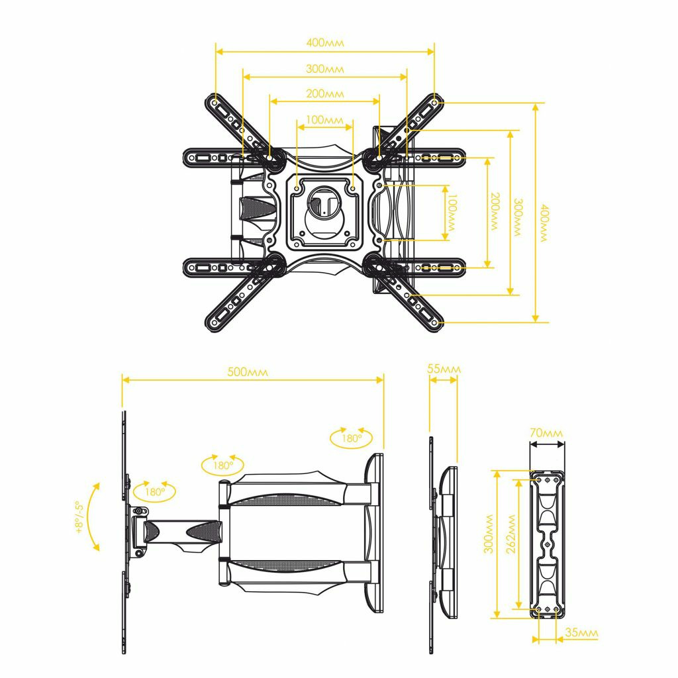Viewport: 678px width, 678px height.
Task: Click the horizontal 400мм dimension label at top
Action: [325, 42]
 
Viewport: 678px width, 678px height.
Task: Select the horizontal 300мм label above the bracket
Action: [325, 68]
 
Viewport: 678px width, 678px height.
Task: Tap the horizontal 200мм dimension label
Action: [325, 93]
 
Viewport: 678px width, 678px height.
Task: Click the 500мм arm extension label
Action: [248, 372]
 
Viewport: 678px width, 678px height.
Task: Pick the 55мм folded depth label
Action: [444, 369]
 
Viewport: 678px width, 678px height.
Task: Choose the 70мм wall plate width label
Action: [546, 432]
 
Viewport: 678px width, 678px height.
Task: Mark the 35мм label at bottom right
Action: [581, 632]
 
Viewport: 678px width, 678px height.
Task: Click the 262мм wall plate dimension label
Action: [511, 534]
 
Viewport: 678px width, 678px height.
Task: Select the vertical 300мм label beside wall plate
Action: [488, 534]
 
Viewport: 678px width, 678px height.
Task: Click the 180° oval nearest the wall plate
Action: [352, 438]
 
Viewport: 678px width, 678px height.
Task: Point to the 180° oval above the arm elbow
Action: [222, 465]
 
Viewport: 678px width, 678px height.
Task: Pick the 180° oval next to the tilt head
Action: [154, 492]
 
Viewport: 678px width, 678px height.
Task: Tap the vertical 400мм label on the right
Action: [544, 223]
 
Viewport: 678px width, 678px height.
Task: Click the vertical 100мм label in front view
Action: [452, 213]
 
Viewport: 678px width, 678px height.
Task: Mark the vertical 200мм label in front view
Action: [495, 212]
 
